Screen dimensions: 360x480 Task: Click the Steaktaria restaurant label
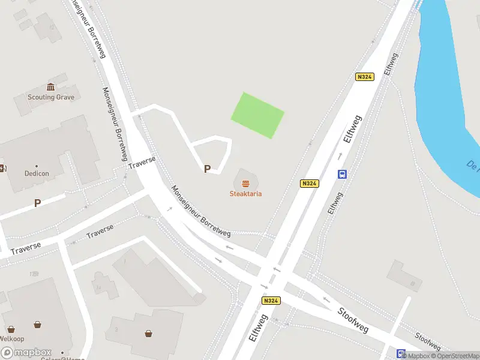[x=245, y=194]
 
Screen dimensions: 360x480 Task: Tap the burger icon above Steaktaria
[x=245, y=183]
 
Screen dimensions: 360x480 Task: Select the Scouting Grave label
[x=51, y=97]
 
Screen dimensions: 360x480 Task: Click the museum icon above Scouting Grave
[x=50, y=87]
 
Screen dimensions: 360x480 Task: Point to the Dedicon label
[x=36, y=173]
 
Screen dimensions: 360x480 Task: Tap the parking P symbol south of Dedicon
[x=37, y=203]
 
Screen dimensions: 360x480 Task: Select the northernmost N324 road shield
[x=364, y=77]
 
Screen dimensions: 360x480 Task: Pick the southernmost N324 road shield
[x=271, y=301]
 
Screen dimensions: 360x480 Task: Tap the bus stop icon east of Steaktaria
[x=342, y=175]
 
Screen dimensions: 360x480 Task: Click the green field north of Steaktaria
[x=257, y=115]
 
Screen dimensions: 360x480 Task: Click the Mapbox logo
[x=26, y=353]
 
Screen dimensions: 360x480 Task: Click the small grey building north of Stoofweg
[x=404, y=275]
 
